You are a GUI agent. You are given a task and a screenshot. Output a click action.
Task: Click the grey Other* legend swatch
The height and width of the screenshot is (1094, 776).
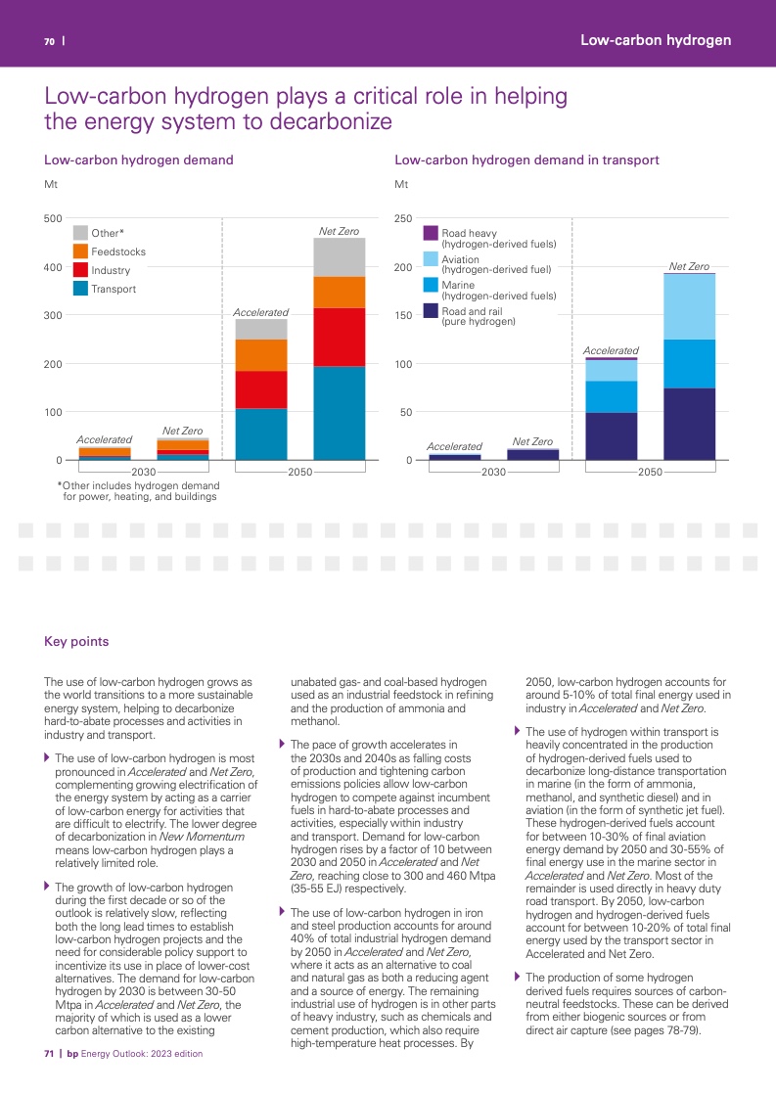tap(81, 233)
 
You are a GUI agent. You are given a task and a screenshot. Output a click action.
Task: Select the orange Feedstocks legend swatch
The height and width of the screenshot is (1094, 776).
tap(81, 251)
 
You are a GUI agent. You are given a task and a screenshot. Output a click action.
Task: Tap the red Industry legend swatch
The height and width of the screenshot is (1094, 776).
tap(81, 270)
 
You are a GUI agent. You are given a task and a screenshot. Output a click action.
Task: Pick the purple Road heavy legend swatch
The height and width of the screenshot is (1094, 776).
tap(431, 234)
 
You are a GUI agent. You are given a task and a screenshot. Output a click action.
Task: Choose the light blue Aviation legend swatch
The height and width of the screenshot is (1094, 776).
tap(431, 259)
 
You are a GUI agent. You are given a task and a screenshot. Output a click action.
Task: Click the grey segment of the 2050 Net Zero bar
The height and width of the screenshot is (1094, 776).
tap(339, 257)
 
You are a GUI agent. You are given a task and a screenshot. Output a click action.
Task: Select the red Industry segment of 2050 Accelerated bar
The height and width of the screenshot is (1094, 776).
tap(261, 389)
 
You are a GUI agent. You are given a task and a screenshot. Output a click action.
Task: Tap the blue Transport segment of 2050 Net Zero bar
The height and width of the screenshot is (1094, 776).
tap(339, 413)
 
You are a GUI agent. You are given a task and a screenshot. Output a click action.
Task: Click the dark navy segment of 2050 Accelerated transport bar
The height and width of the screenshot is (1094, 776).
tap(612, 436)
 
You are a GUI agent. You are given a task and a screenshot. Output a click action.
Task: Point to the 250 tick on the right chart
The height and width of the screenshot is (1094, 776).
tap(403, 219)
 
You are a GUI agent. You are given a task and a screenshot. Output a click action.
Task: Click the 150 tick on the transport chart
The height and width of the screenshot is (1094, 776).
tap(403, 315)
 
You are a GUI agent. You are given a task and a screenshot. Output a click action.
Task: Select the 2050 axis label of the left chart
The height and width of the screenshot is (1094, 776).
tap(299, 473)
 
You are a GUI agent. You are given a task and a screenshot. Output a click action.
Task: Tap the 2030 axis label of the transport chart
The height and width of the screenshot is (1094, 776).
tap(494, 473)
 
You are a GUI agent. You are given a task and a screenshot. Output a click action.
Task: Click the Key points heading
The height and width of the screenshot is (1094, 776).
tap(76, 642)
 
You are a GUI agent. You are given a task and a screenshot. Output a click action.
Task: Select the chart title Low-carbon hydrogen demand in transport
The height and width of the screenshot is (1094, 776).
tap(526, 160)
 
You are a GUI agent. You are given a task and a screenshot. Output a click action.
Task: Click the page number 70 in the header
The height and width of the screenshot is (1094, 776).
tap(48, 41)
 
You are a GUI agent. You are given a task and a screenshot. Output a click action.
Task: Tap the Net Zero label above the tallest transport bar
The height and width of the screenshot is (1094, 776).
tap(689, 266)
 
